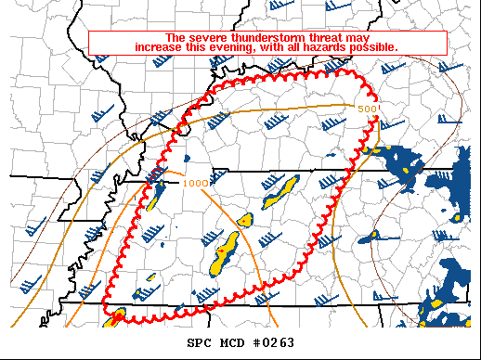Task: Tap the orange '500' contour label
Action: pos(368,109)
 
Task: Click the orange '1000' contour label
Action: pos(195,183)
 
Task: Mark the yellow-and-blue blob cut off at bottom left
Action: pos(116,318)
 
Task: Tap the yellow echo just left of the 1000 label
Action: pos(159,187)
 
